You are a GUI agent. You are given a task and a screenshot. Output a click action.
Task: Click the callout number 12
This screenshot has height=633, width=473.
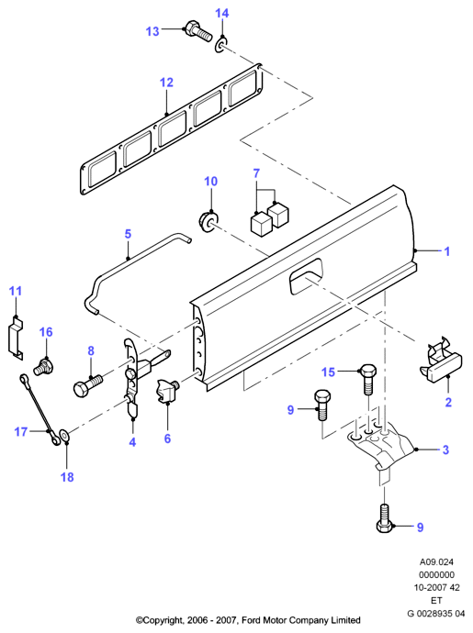[x=166, y=83]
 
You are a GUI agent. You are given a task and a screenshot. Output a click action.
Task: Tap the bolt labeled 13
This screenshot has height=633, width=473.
[x=198, y=30]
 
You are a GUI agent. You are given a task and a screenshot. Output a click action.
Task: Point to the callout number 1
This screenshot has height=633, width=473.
[x=446, y=251]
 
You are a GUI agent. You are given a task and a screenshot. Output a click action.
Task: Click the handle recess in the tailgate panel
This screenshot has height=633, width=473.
[x=306, y=275]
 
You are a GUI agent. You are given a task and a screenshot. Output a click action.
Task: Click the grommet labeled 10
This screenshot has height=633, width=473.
[x=208, y=221]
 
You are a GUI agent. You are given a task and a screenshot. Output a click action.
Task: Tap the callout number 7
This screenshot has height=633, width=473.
[x=256, y=173]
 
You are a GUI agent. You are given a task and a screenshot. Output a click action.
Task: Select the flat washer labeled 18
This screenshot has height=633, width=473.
[x=64, y=435]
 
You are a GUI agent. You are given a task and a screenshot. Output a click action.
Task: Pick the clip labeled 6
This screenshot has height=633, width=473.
[x=167, y=391]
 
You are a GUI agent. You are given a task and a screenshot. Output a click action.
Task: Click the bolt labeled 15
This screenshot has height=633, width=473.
[x=368, y=380]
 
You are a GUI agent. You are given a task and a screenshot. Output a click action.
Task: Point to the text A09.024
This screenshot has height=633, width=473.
[x=436, y=561]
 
